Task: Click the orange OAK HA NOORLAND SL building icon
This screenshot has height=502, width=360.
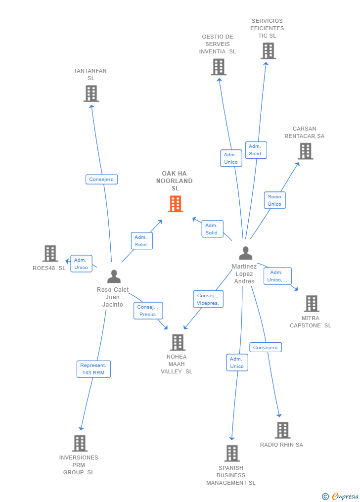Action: click(176, 204)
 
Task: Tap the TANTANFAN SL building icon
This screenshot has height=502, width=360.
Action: click(91, 93)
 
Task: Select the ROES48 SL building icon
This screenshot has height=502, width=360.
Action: click(50, 253)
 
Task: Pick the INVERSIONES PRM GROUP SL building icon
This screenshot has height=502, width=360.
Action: click(80, 443)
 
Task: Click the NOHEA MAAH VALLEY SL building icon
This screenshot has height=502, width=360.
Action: click(178, 342)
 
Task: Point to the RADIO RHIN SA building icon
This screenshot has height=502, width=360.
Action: click(282, 430)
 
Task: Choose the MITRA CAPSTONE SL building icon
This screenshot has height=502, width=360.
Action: click(311, 304)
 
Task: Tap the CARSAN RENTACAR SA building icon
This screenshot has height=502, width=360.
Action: click(306, 151)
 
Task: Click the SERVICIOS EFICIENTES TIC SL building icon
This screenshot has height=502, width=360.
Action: click(268, 51)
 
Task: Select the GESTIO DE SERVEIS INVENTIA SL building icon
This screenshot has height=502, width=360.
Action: click(218, 67)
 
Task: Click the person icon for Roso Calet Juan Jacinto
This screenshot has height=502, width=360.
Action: click(114, 276)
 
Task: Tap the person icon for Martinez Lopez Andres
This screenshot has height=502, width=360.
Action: click(245, 253)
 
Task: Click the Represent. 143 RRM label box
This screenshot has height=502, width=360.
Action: click(93, 369)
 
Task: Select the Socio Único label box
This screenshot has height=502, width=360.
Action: click(274, 200)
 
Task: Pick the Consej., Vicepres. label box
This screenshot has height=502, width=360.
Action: click(208, 299)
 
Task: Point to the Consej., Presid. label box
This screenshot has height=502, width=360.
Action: click(148, 311)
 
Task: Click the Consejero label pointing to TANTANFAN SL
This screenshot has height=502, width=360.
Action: click(101, 180)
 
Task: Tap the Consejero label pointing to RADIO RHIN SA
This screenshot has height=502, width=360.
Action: click(266, 348)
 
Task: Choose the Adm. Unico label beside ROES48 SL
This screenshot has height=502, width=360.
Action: click(81, 264)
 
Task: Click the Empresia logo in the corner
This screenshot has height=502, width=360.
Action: click(340, 496)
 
